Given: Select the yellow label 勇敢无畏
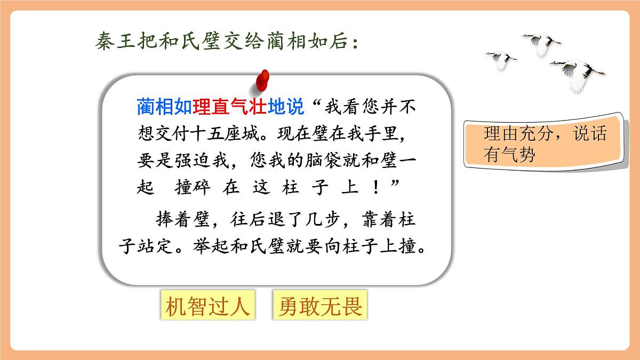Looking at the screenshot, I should [x=321, y=306].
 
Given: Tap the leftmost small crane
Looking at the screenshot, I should [x=501, y=59].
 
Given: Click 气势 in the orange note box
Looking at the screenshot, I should [x=517, y=154].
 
